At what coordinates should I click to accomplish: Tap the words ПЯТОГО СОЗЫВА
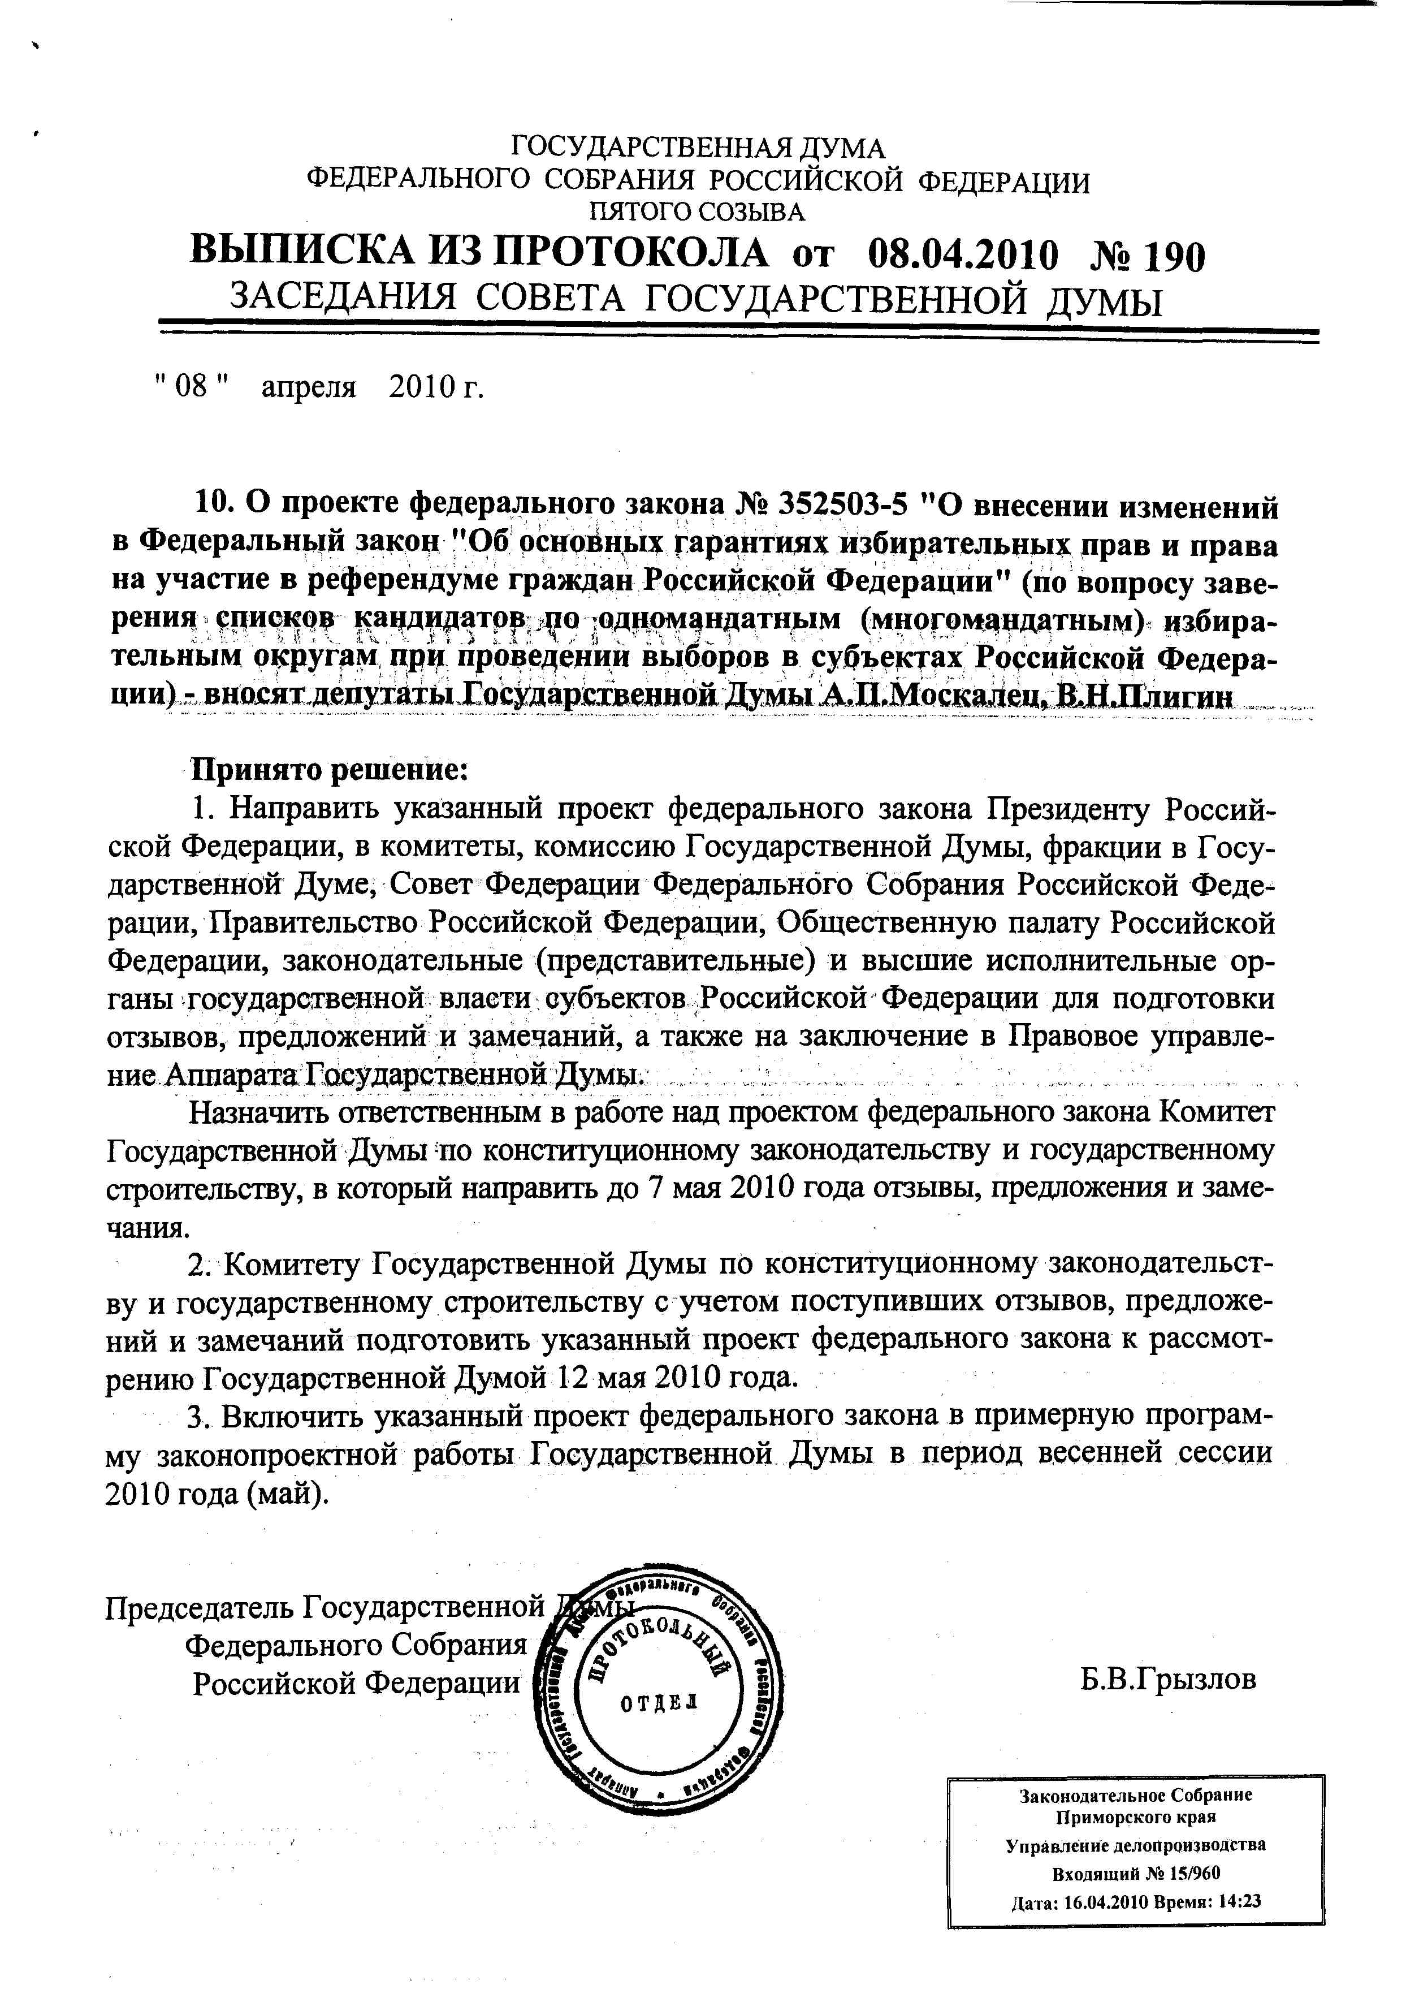click(x=697, y=212)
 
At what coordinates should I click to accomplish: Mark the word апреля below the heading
click(x=309, y=387)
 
